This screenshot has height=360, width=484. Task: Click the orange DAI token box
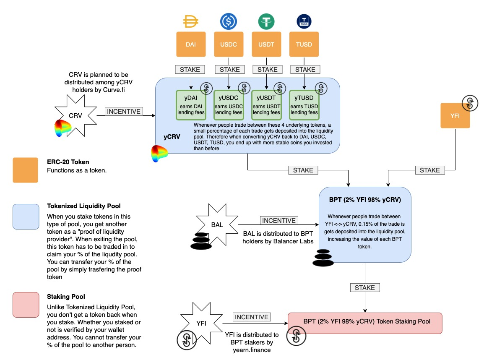[191, 44]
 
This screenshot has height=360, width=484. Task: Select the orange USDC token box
[229, 44]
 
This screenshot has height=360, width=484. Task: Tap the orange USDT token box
[266, 44]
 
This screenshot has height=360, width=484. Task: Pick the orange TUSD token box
[304, 44]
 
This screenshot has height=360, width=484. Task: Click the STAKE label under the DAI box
[191, 69]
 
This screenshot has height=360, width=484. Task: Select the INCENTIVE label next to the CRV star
[124, 112]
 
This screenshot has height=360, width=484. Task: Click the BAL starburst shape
[217, 224]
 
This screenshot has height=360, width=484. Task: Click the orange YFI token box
[455, 115]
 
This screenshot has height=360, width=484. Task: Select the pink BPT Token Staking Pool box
[365, 323]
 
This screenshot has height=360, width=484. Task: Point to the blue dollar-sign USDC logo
[229, 21]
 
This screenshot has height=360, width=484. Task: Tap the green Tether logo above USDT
[266, 21]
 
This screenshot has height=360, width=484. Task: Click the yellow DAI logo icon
[191, 21]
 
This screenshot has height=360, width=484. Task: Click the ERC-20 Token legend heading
[68, 162]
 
